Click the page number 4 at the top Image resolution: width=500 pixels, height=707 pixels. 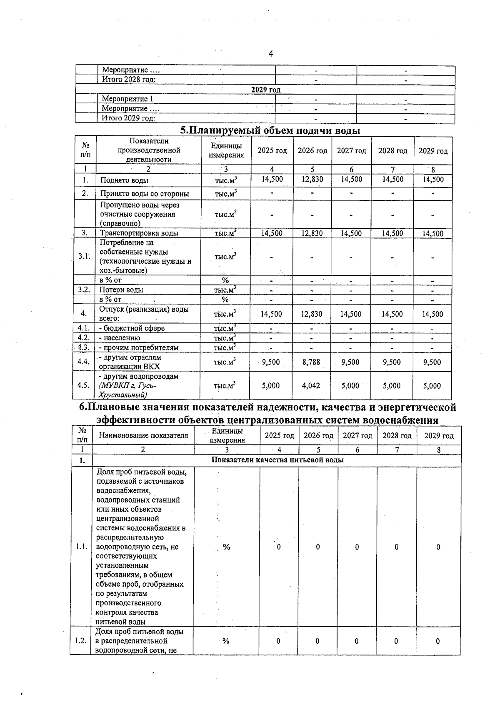tap(271, 54)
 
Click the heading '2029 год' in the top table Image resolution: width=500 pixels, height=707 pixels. tap(265, 90)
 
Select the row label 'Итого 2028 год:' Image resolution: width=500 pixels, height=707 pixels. tap(129, 80)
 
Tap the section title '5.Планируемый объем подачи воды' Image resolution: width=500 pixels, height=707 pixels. tap(270, 130)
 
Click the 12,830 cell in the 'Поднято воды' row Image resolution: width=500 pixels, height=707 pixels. tap(312, 180)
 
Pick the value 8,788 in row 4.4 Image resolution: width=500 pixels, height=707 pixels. tap(311, 362)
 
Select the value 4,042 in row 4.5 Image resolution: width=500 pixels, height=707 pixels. tap(311, 386)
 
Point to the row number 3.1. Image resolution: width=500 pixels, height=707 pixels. tap(85, 256)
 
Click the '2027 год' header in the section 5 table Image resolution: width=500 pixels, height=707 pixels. tap(351, 151)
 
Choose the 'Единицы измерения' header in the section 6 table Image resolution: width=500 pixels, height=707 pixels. tap(227, 436)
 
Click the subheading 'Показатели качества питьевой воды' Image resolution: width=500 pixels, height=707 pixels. tap(277, 460)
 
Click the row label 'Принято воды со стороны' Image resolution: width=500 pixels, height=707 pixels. tap(144, 194)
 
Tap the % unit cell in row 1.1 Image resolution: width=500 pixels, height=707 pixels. tap(227, 547)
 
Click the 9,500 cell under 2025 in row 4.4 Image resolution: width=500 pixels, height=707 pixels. tap(271, 362)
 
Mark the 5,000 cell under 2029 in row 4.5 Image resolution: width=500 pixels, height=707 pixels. tap(432, 386)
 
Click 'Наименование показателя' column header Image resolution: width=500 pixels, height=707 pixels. tap(143, 435)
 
